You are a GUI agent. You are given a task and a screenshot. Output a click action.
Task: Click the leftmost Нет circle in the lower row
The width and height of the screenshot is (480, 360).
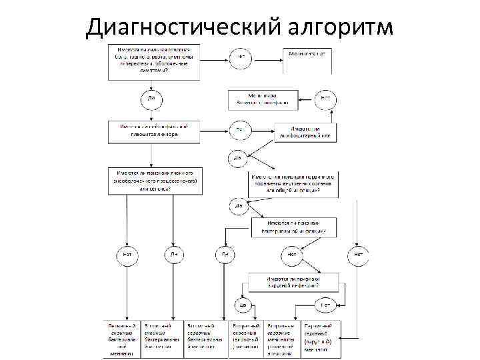[x=127, y=255]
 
